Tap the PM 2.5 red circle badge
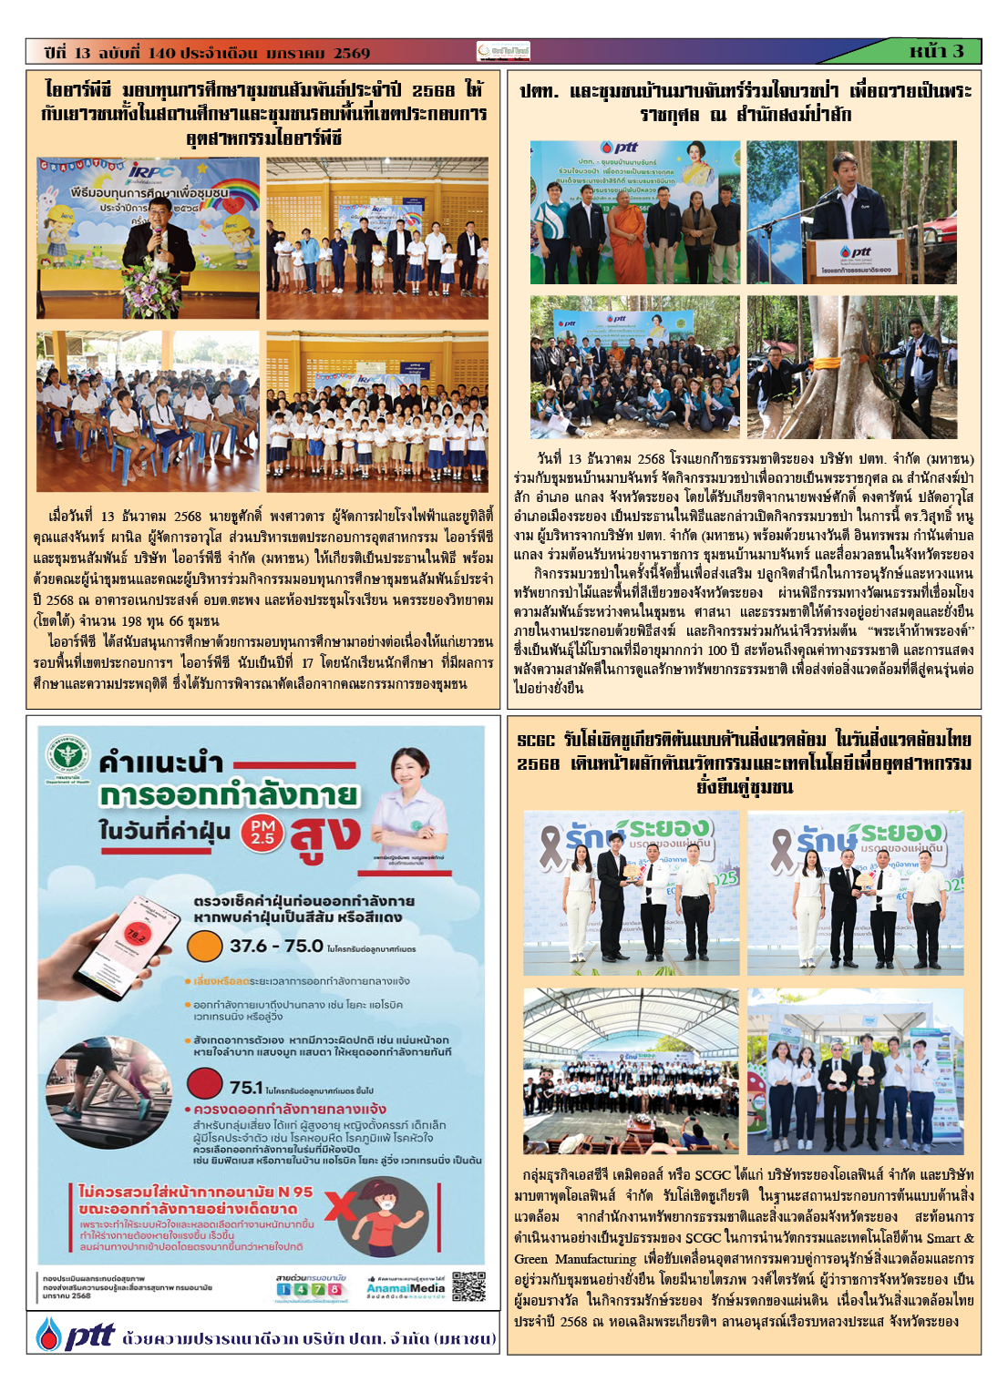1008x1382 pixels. coord(262,832)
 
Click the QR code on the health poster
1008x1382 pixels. coord(468,1286)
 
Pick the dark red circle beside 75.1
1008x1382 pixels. coord(205,1083)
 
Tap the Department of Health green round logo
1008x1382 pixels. coord(71,755)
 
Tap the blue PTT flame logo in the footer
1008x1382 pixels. coord(49,1335)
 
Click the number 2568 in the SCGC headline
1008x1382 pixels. coord(538,763)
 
